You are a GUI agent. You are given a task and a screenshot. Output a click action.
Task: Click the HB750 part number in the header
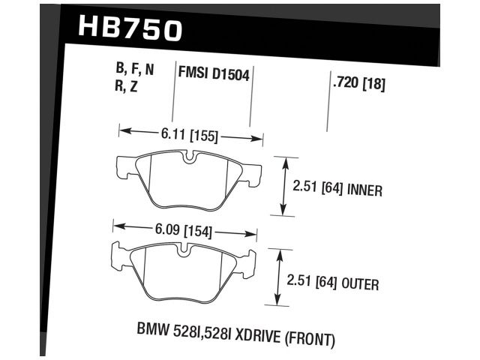tap(130, 30)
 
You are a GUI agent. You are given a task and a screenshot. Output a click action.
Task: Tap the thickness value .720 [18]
tap(358, 85)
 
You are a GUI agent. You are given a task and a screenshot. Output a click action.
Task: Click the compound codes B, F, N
tap(135, 70)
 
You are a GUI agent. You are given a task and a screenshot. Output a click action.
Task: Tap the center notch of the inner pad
tap(189, 157)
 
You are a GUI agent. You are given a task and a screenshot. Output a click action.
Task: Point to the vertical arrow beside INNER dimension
tap(283, 186)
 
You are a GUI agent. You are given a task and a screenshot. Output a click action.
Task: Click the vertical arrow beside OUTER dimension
tap(279, 277)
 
